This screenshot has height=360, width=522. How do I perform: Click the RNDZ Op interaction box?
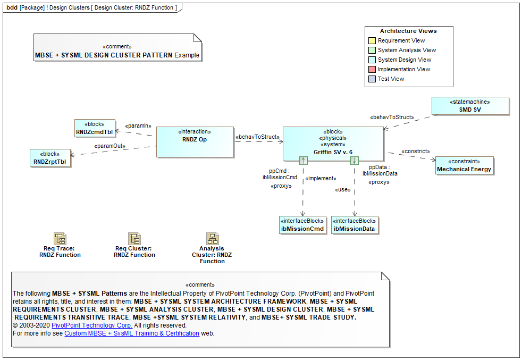(x=195, y=141)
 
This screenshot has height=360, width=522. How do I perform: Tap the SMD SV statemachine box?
(x=470, y=105)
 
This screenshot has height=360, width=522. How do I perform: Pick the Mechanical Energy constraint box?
(x=464, y=165)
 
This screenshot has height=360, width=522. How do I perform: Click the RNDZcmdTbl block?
(x=95, y=128)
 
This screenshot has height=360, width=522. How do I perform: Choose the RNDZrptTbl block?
(x=51, y=158)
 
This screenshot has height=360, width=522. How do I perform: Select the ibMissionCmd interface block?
(x=302, y=225)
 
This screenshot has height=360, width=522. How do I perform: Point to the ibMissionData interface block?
(x=354, y=225)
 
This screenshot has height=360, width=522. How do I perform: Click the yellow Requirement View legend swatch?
(x=372, y=40)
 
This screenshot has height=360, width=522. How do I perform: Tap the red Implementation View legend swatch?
(x=372, y=69)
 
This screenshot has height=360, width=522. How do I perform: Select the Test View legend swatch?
(x=372, y=79)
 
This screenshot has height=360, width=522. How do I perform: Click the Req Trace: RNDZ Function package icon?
(x=60, y=238)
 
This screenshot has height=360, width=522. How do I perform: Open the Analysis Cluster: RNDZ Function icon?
(x=212, y=238)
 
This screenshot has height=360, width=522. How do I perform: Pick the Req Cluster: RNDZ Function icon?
(x=134, y=238)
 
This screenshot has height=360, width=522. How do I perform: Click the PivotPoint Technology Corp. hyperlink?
(x=91, y=325)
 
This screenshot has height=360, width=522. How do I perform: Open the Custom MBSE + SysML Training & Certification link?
(x=132, y=333)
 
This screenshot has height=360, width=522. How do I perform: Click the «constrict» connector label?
(x=415, y=152)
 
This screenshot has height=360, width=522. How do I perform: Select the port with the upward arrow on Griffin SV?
(x=303, y=160)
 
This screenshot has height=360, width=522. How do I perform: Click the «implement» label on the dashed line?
(x=320, y=179)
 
